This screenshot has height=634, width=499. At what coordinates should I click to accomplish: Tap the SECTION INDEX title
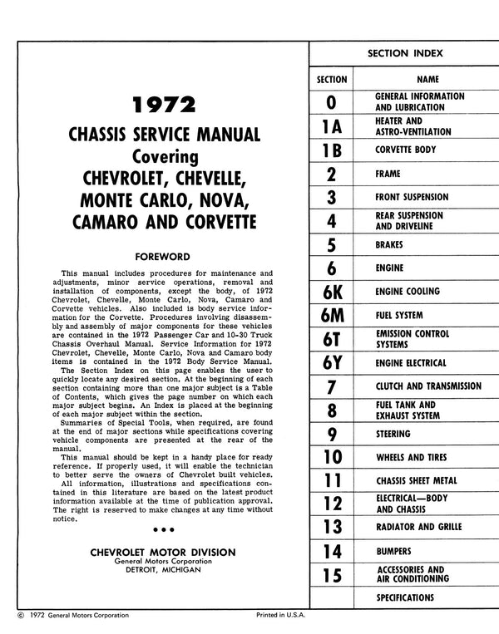coord(405,53)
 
